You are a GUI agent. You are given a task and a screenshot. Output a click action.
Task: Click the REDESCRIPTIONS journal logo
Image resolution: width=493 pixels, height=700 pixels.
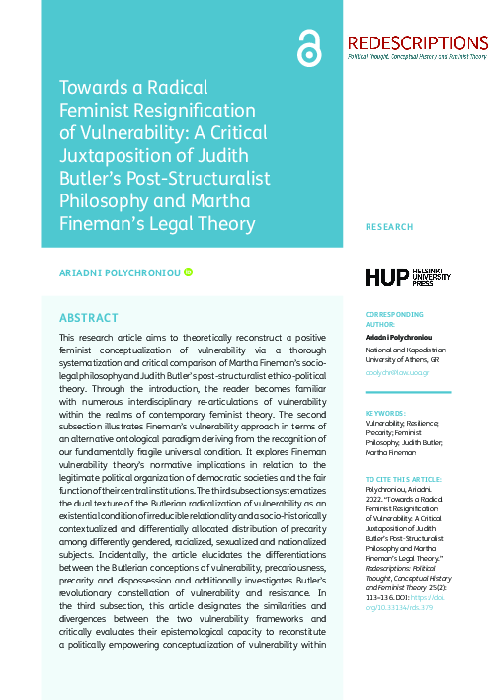pos(418,42)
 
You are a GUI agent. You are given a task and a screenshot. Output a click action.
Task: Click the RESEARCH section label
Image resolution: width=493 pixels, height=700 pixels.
pos(389,227)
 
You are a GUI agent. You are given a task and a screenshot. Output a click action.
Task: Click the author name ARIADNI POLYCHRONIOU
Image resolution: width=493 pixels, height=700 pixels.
pos(120,272)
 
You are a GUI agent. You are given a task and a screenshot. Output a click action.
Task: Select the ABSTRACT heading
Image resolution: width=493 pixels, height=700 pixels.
pos(89,318)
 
